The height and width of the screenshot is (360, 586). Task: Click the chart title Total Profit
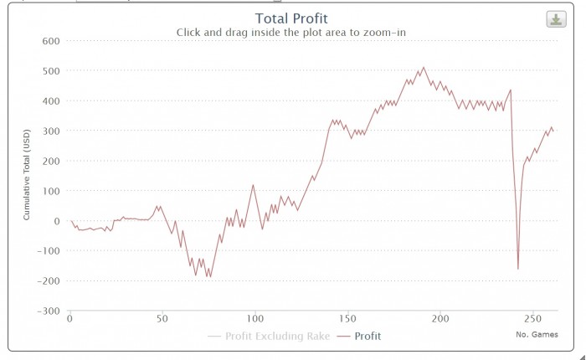click(291, 18)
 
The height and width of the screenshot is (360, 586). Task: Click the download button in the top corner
click(556, 19)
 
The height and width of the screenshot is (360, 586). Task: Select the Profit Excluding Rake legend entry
click(274, 337)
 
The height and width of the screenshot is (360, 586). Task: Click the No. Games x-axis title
click(537, 334)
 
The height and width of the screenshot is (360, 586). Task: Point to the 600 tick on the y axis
click(51, 41)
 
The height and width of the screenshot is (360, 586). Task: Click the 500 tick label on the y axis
click(51, 71)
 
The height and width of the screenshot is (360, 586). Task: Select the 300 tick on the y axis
click(51, 131)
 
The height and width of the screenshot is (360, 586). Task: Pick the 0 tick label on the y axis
click(57, 221)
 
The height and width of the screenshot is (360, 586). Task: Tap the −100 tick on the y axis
click(48, 251)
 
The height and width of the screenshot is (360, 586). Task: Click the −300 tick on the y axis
click(48, 311)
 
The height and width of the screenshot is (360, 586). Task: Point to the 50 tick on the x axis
click(162, 319)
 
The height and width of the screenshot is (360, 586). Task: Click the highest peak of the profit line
click(424, 67)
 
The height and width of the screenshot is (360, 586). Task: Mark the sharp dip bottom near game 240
click(518, 269)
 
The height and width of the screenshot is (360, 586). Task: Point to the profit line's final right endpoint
click(553, 131)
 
